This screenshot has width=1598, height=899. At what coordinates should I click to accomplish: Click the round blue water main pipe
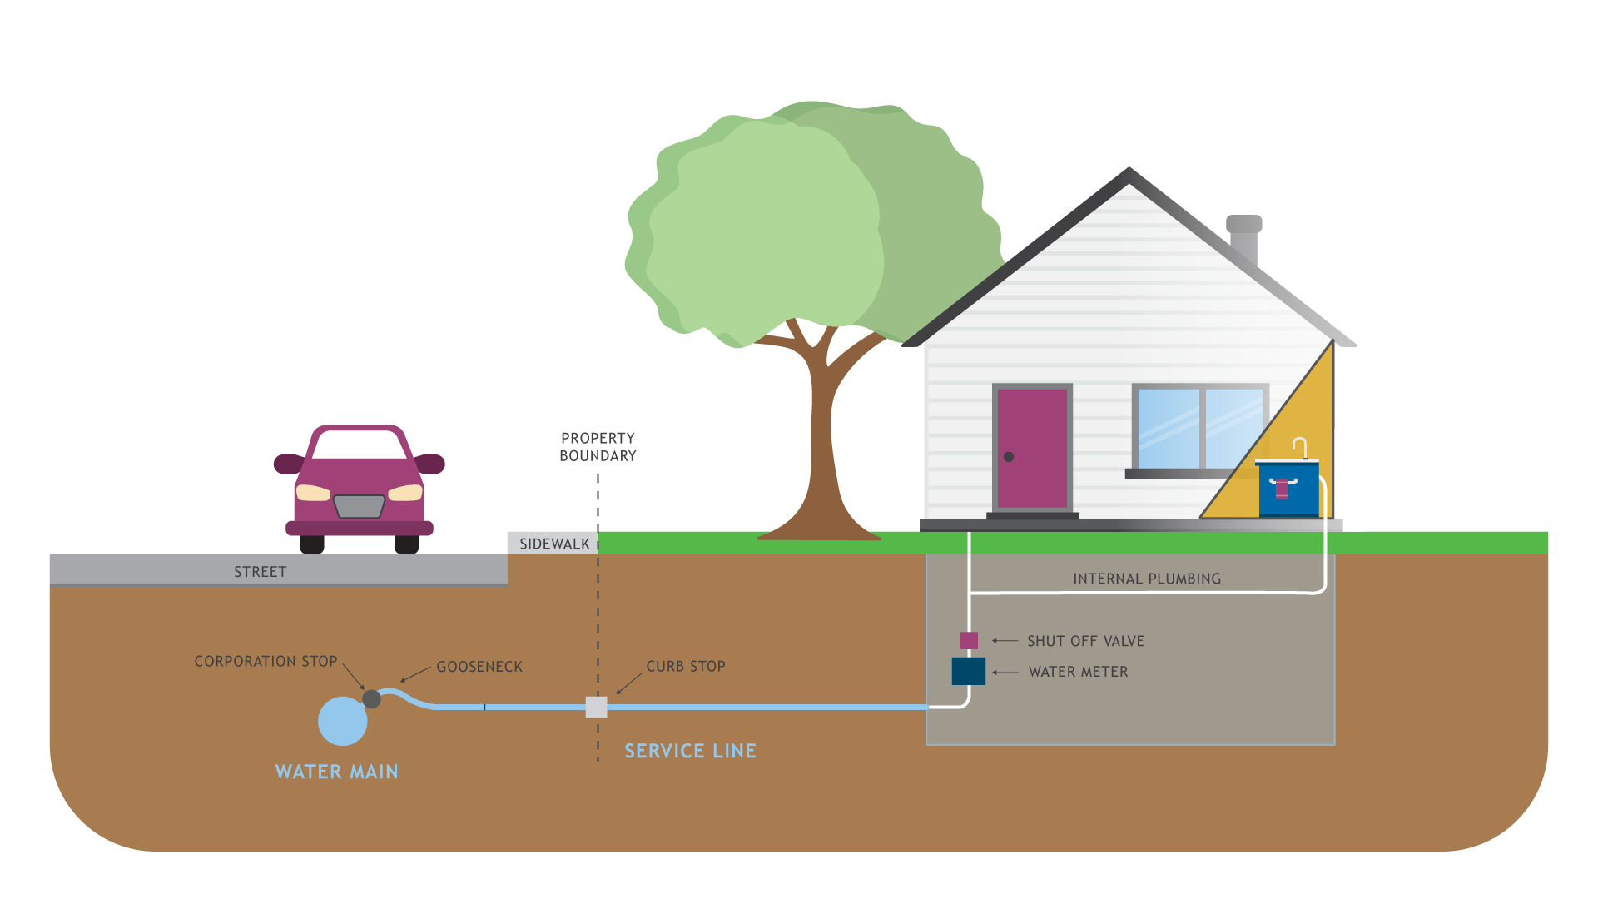[342, 721]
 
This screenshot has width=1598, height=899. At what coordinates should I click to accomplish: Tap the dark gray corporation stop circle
[372, 699]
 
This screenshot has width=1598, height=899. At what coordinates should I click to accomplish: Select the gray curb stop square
[596, 707]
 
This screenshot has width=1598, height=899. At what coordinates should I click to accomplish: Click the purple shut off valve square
[969, 640]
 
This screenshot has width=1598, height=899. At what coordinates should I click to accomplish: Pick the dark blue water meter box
[969, 671]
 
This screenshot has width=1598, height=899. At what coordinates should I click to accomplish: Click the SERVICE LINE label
[690, 751]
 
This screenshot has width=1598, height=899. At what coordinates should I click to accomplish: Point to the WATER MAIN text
[336, 772]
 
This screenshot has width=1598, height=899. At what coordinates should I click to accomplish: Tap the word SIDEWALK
[554, 544]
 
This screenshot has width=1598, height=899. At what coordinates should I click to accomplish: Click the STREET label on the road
[260, 572]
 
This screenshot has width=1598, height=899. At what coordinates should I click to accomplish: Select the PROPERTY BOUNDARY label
[598, 447]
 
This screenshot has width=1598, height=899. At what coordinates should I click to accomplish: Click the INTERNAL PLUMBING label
[1147, 579]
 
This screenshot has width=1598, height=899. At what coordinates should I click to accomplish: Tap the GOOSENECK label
[479, 667]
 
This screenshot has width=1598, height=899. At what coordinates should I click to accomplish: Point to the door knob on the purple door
[1009, 457]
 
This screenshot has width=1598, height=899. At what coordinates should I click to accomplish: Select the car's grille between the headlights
[359, 505]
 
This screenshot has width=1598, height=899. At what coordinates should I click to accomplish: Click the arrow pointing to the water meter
[1005, 672]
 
